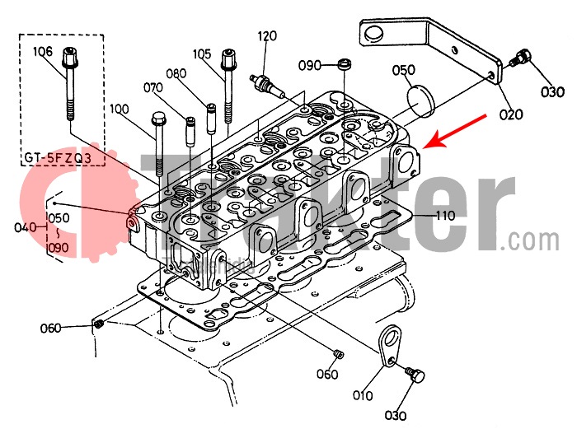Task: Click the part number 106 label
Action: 43,52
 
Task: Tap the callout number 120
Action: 267,36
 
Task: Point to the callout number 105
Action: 203,54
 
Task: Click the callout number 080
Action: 176,73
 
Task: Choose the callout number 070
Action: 154,87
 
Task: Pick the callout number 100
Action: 119,109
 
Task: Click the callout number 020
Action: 511,114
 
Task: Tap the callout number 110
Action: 444,216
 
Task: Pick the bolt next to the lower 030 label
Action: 416,377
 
